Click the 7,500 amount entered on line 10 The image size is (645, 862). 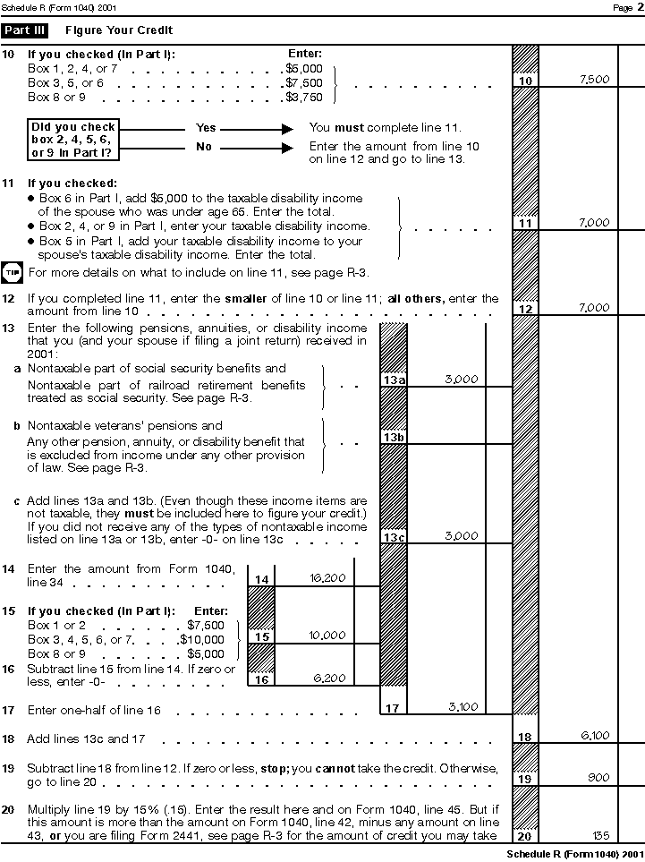click(x=594, y=80)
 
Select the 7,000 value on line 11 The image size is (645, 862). click(x=594, y=223)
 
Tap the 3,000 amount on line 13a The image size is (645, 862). click(x=461, y=380)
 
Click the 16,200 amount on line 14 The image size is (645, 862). click(x=327, y=578)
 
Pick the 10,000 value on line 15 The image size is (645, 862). click(x=327, y=636)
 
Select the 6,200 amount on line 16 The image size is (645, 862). click(x=329, y=679)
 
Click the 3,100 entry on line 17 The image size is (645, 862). click(x=462, y=707)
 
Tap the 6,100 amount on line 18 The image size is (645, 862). click(x=595, y=736)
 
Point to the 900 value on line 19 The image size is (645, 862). click(x=598, y=779)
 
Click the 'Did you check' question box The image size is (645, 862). click(x=73, y=140)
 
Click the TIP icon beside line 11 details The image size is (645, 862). click(x=13, y=271)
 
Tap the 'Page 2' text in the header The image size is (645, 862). click(x=624, y=8)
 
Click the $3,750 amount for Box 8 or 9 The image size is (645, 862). click(x=303, y=97)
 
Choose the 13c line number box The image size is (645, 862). click(x=394, y=537)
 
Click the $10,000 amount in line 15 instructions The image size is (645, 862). click(x=202, y=639)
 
